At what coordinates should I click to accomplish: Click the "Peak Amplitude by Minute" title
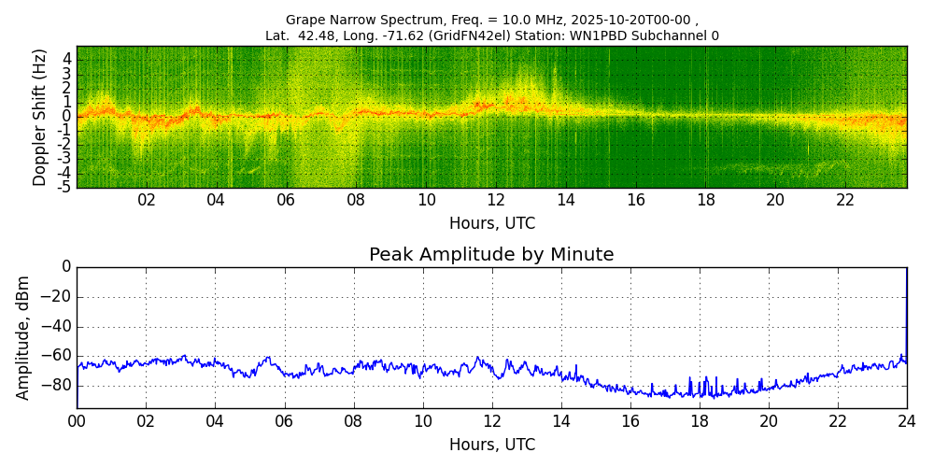pyautogui.click(x=491, y=255)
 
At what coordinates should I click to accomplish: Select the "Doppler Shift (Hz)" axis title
pyautogui.click(x=40, y=117)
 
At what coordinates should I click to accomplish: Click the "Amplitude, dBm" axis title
pyautogui.click(x=24, y=337)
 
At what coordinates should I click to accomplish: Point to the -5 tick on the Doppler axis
pyautogui.click(x=65, y=187)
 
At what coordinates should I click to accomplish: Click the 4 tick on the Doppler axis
pyautogui.click(x=67, y=59)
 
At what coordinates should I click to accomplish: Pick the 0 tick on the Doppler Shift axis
pyautogui.click(x=67, y=117)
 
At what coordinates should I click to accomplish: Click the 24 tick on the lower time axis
pyautogui.click(x=906, y=421)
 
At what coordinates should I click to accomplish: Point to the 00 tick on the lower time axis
pyautogui.click(x=77, y=421)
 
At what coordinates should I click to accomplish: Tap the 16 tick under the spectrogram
pyautogui.click(x=636, y=200)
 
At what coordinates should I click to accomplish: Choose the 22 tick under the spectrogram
pyautogui.click(x=845, y=200)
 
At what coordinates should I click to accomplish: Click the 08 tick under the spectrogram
pyautogui.click(x=356, y=200)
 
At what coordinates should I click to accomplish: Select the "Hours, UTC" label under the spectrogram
pyautogui.click(x=492, y=224)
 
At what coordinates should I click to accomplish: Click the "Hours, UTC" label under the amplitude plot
pyautogui.click(x=492, y=445)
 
